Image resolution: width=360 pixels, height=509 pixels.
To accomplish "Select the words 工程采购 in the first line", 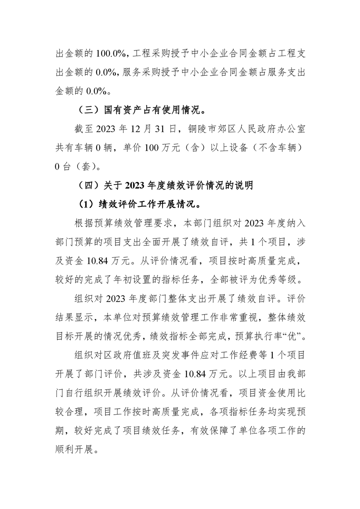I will [154, 54].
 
